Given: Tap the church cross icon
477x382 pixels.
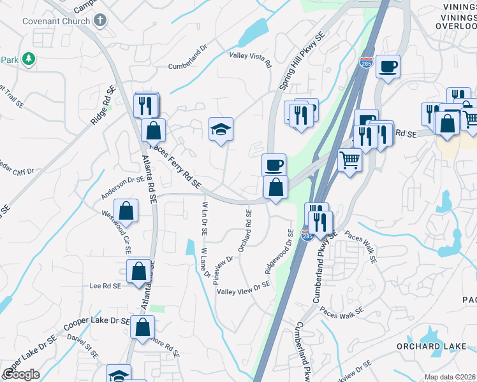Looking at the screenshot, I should [x=99, y=20].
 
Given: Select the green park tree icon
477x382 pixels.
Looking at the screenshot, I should [x=27, y=59].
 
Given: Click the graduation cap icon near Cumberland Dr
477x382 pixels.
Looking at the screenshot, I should [x=221, y=129].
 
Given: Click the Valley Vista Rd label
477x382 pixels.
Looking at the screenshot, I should [x=251, y=60].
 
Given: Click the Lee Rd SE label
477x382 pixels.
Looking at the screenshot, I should [x=106, y=286].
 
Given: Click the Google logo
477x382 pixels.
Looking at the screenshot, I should [x=21, y=374].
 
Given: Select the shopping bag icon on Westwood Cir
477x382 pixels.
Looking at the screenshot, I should [x=126, y=211].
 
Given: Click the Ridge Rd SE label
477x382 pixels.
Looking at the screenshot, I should [x=103, y=104].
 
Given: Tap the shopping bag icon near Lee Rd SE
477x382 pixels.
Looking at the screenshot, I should [x=138, y=271].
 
